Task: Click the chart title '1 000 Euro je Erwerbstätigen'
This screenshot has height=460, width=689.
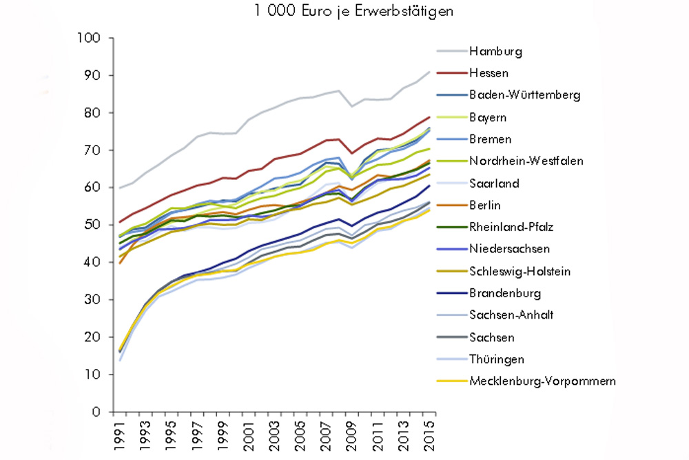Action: point(344,11)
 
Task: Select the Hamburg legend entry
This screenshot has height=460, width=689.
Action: point(495,50)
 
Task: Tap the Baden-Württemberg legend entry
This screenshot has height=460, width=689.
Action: point(524,94)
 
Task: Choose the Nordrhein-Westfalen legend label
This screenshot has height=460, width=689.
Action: point(527,161)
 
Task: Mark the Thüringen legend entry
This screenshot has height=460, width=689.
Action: point(497,359)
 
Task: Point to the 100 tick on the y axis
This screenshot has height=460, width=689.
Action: point(92,39)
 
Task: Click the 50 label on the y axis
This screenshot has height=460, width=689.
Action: point(96,226)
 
